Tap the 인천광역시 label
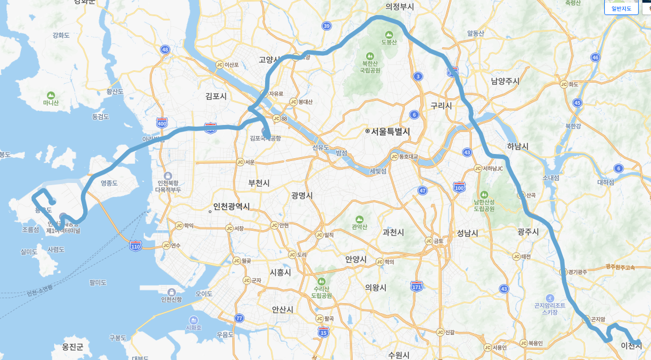click(x=231, y=207)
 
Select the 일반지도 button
click(x=621, y=8)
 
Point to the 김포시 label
click(x=216, y=97)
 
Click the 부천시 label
click(x=259, y=183)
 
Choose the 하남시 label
click(x=518, y=146)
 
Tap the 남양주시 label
click(x=505, y=81)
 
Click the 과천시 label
click(x=393, y=232)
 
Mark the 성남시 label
click(x=467, y=233)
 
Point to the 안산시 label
click(x=282, y=310)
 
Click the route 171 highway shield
click(x=416, y=287)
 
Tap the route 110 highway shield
click(x=135, y=246)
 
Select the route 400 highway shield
click(x=162, y=123)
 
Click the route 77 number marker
click(x=239, y=318)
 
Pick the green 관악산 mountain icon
click(x=359, y=219)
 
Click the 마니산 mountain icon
click(x=51, y=95)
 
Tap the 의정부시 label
click(x=400, y=6)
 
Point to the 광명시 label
click(x=302, y=195)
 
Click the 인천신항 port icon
click(x=171, y=292)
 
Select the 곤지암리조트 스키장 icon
click(x=550, y=298)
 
